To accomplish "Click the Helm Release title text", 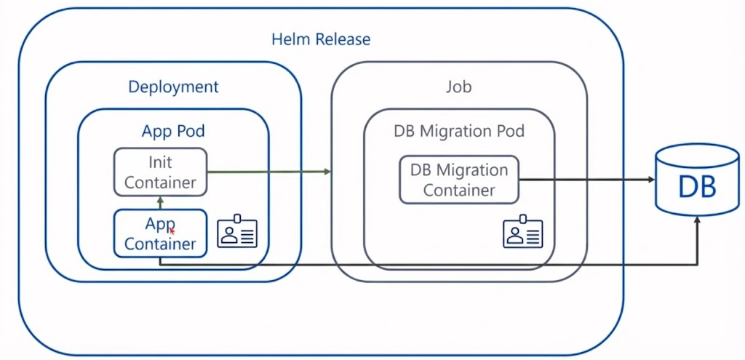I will (x=321, y=39).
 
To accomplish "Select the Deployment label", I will (x=173, y=87).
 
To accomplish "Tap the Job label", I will (x=458, y=87).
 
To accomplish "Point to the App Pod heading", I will (x=173, y=132).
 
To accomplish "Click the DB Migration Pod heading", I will (x=459, y=132).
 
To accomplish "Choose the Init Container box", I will (x=160, y=172).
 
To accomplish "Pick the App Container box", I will (x=160, y=233).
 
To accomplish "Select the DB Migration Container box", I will (x=459, y=180).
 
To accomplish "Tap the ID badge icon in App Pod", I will (x=237, y=231).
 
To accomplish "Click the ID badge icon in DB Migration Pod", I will (x=523, y=231).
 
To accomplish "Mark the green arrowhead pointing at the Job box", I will (x=327, y=172).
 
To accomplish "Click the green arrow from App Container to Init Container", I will (x=160, y=202).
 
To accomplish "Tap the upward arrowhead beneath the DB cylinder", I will (x=698, y=220).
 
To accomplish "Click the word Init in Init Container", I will (x=160, y=161).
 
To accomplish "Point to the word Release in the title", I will (x=342, y=39).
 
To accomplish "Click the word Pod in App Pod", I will (x=191, y=132).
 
